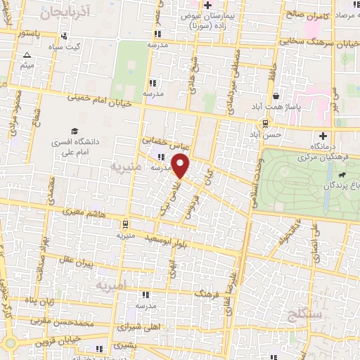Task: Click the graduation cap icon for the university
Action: (x=74, y=131)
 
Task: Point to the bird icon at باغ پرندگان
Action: (x=342, y=174)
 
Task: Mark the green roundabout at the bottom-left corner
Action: (x=9, y=343)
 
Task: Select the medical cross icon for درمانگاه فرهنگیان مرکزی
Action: (x=323, y=136)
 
